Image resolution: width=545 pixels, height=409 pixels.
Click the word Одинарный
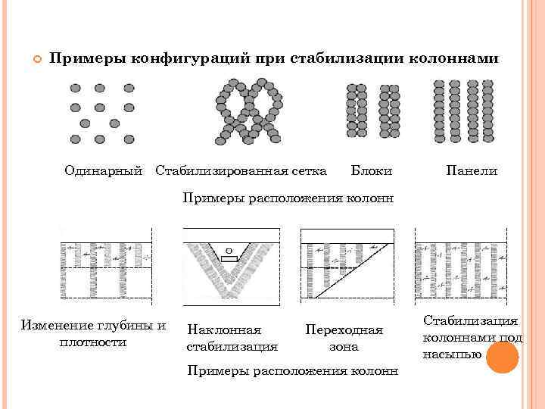(x=103, y=171)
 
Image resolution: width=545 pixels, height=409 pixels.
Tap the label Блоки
(x=372, y=171)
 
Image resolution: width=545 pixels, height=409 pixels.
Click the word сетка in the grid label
(x=307, y=171)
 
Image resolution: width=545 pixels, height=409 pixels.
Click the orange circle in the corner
(x=501, y=358)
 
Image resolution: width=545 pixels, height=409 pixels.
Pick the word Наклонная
(x=223, y=330)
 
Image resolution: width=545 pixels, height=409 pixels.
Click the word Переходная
(x=344, y=330)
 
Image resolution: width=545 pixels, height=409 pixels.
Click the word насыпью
(x=453, y=352)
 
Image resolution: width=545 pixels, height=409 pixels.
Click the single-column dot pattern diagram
(x=101, y=113)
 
